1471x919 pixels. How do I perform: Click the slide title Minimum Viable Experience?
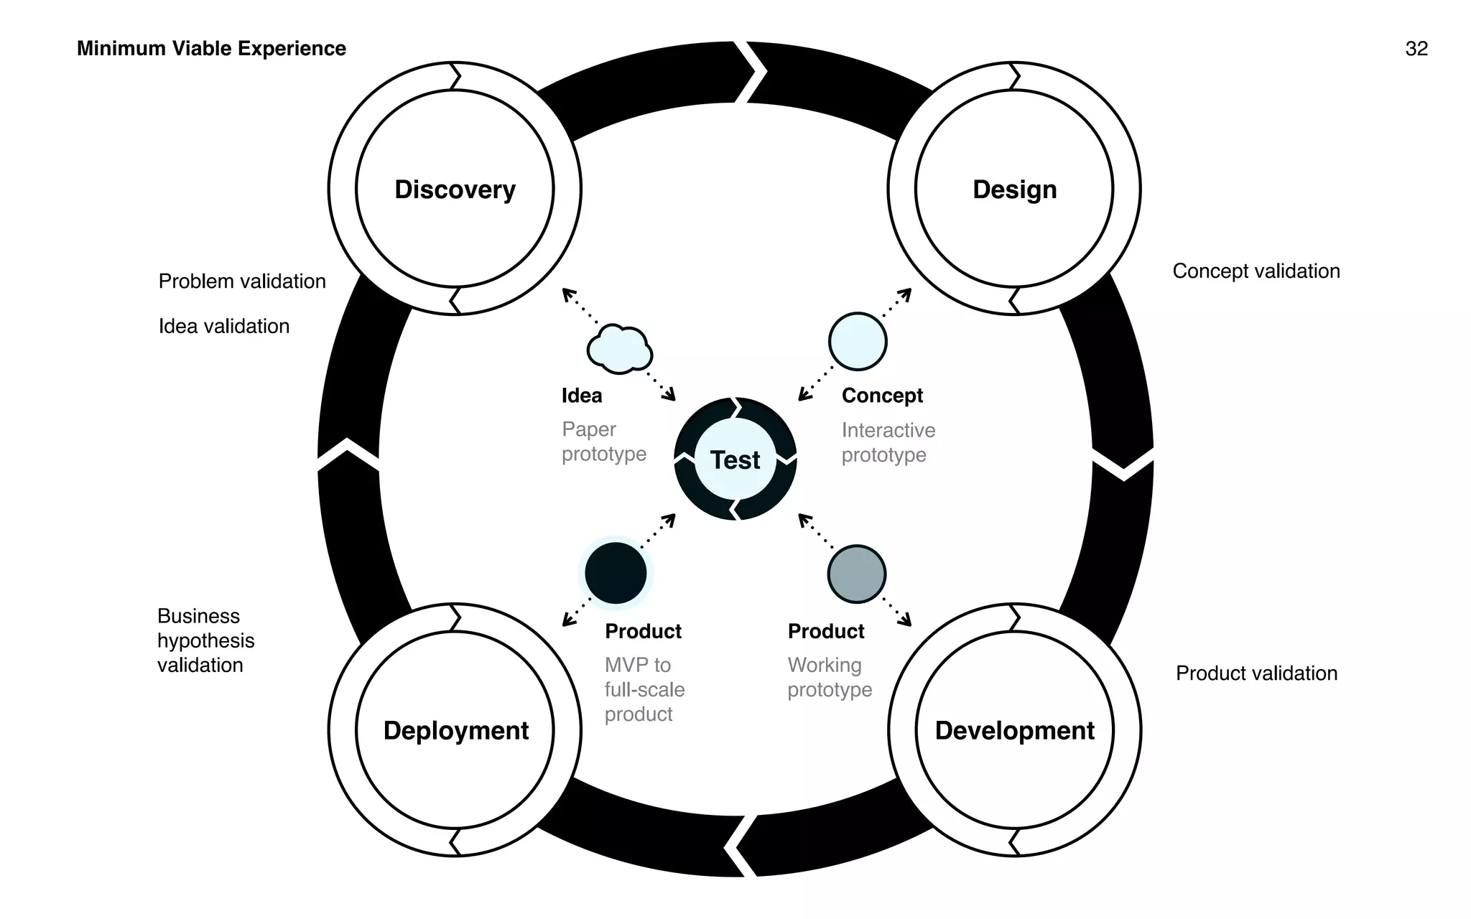tap(211, 48)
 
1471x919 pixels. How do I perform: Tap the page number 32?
tap(1416, 48)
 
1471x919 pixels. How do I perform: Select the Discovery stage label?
tap(455, 190)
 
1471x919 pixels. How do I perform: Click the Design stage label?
tap(1014, 190)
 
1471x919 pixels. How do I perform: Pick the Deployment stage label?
tap(455, 730)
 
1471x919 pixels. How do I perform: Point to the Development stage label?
tap(1014, 730)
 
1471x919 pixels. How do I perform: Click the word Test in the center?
tap(735, 459)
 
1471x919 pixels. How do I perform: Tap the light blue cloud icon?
tap(619, 350)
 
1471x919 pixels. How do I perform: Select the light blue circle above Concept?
tap(858, 342)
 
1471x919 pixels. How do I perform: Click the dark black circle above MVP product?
tap(616, 573)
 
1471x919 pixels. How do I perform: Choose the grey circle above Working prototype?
tap(856, 574)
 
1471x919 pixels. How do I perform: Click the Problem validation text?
tap(242, 281)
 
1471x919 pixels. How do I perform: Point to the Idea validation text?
tap(224, 326)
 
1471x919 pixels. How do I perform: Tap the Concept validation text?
tap(1256, 271)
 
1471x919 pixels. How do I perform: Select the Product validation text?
tap(1256, 673)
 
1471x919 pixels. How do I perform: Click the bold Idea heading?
tap(582, 396)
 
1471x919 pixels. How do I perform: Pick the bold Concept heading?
tap(882, 396)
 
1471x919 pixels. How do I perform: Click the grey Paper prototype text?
tap(603, 442)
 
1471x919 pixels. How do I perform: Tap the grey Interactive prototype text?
tap(888, 442)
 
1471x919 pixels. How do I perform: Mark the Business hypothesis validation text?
tap(205, 640)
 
